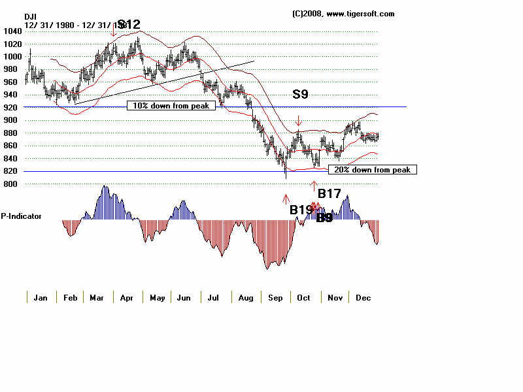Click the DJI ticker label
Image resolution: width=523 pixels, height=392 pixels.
(x=31, y=16)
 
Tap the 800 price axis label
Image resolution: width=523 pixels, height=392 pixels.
(x=11, y=184)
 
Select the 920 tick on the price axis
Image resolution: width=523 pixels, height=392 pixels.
(x=11, y=108)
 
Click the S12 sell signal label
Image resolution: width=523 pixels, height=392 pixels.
(x=129, y=25)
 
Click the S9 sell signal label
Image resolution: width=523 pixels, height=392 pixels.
(x=300, y=94)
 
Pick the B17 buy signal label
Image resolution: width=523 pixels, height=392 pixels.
(x=329, y=193)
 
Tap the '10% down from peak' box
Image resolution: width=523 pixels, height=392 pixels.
(x=171, y=106)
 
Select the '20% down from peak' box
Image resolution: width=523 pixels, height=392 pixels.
(x=372, y=170)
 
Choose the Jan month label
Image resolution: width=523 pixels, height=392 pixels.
(x=41, y=298)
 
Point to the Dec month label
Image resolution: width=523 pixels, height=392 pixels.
(x=363, y=298)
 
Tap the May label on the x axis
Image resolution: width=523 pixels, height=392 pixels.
(x=158, y=298)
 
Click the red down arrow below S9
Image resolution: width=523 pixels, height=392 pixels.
(x=299, y=121)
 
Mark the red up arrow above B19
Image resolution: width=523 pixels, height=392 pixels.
(x=286, y=198)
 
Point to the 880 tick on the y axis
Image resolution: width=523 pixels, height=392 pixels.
(x=11, y=133)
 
